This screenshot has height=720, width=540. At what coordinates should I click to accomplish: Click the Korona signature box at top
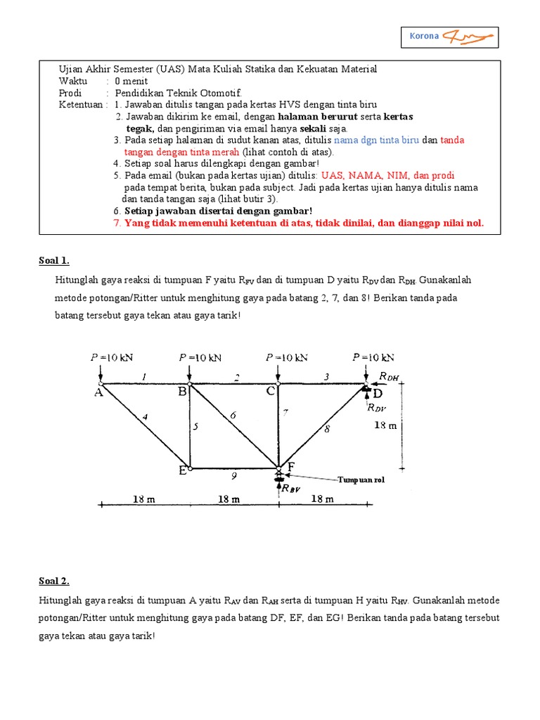tap(453, 37)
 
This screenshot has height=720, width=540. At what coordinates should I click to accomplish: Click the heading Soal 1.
tap(54, 261)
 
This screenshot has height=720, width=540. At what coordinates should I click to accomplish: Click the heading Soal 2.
tap(54, 581)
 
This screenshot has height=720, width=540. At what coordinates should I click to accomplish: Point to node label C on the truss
tap(271, 393)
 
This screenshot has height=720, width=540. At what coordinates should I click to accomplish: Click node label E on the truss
tap(182, 471)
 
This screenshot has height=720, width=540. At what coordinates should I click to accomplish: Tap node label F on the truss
tap(290, 466)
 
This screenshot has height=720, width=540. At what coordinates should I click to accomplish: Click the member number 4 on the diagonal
tap(145, 418)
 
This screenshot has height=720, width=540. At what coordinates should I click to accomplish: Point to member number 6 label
tap(233, 416)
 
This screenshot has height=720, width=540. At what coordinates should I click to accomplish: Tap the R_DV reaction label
tap(376, 406)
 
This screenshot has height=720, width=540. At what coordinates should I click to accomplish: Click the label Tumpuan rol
tap(361, 480)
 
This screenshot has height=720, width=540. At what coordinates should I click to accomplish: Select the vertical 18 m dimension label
tap(385, 425)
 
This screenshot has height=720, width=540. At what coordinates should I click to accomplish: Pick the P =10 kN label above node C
tap(288, 357)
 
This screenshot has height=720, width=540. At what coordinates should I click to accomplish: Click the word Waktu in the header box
tap(73, 81)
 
